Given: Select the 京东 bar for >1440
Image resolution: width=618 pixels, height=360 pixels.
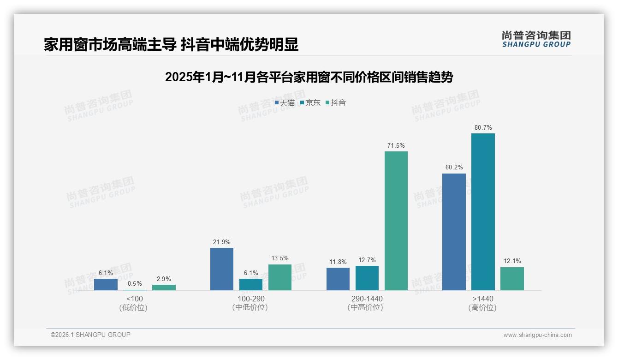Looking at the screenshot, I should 483,212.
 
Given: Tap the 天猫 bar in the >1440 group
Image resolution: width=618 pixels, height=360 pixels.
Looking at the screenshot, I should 454,232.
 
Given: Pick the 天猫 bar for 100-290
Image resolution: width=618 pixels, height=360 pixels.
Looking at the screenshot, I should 222,269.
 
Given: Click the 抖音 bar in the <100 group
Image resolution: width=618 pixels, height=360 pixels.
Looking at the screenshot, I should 164,288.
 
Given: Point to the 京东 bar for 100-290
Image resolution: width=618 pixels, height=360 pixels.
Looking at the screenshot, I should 251,284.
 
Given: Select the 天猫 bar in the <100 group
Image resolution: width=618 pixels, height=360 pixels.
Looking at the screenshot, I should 106,284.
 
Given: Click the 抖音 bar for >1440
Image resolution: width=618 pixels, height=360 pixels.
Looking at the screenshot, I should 512,279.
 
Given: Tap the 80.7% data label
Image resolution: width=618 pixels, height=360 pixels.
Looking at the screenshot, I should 483,128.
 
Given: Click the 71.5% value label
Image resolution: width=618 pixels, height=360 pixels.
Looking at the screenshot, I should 396,146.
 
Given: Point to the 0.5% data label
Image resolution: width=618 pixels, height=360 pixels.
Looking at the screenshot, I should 135,284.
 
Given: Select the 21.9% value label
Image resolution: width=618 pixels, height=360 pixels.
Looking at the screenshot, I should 222,242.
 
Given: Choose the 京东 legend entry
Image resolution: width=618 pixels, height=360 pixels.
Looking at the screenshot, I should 310,103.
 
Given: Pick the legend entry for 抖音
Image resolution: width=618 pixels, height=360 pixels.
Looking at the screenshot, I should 336,103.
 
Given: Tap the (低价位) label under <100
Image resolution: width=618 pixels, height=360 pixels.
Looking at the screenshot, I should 133,307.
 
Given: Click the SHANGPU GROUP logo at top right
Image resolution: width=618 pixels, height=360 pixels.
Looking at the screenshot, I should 536,39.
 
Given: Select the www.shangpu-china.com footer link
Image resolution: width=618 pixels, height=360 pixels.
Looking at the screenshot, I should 537,335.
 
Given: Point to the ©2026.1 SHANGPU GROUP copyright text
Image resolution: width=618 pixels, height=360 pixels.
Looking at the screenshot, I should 90,335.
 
